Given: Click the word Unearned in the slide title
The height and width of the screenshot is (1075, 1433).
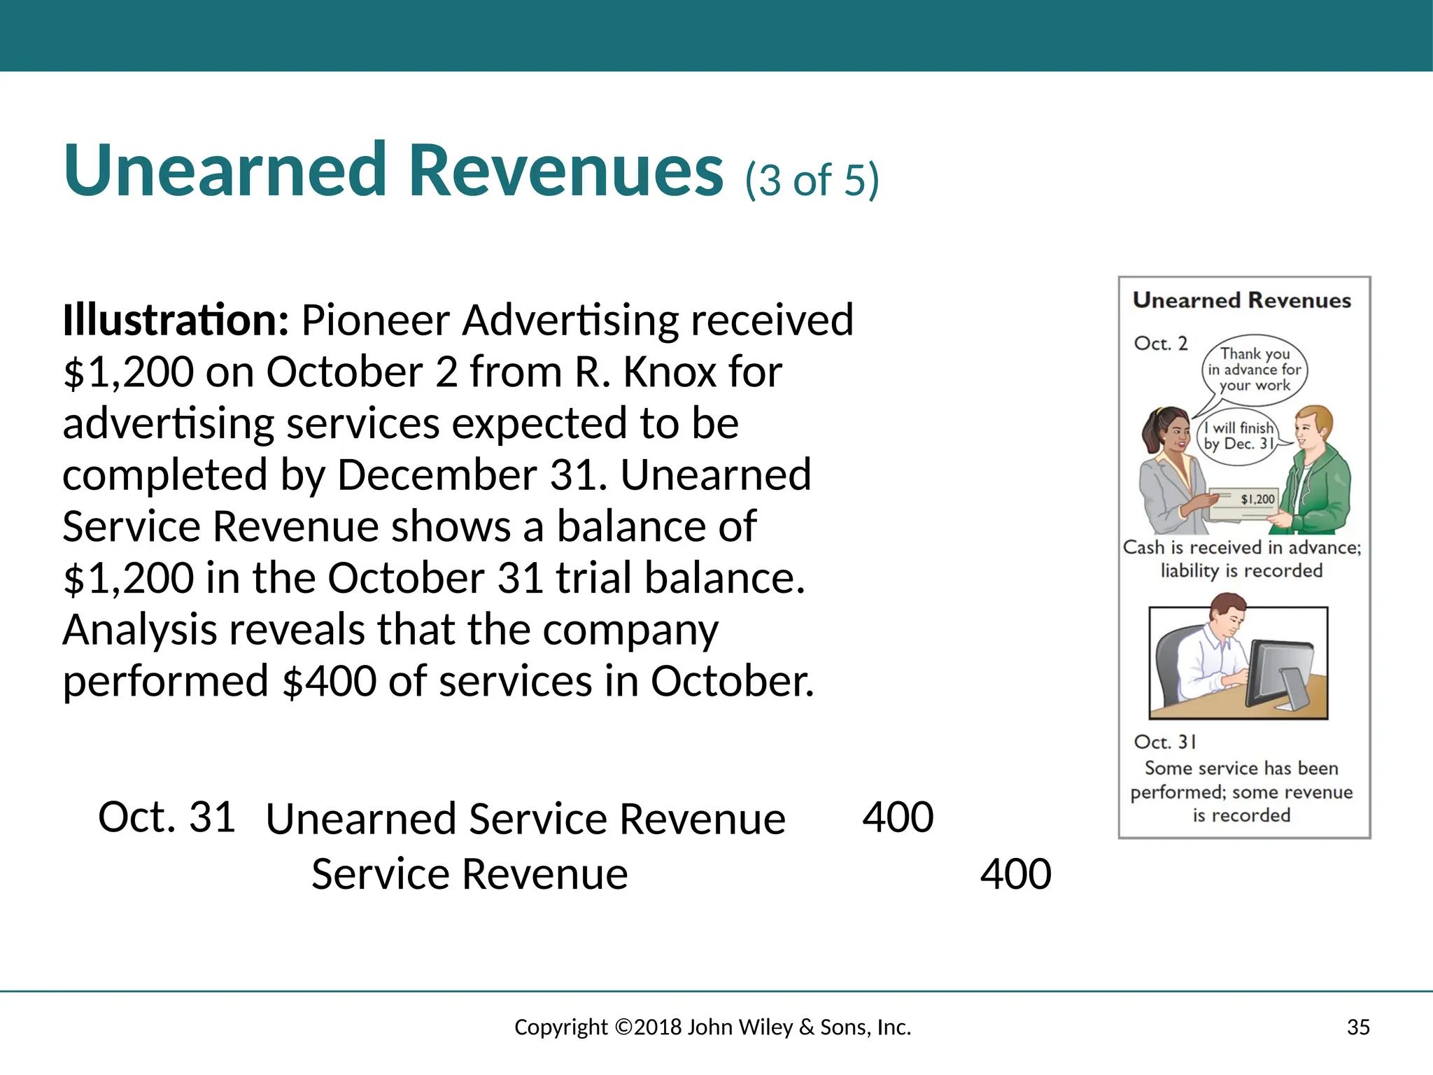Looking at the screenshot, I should point(224,171).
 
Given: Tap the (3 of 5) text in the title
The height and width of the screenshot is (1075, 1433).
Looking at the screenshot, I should point(812,180).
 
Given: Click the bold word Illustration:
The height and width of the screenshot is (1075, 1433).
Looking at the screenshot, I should point(175,320).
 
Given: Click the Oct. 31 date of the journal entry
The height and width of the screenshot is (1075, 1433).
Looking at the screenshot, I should point(167,817).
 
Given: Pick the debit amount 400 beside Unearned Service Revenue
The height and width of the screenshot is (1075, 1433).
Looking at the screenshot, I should point(898,817).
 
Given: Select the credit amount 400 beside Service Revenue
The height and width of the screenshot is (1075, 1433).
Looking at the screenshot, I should point(1015,874).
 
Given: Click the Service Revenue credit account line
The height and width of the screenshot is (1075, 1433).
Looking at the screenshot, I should point(470,874).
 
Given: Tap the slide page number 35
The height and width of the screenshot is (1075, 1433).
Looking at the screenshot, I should point(1358,1027).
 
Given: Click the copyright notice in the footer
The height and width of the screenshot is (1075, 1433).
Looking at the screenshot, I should point(712,1027).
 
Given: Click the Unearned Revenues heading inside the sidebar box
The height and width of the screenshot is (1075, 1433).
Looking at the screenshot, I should point(1242,300).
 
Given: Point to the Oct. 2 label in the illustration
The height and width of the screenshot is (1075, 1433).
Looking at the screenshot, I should point(1161,344).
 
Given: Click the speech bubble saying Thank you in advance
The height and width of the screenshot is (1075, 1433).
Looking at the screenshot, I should point(1255,370).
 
